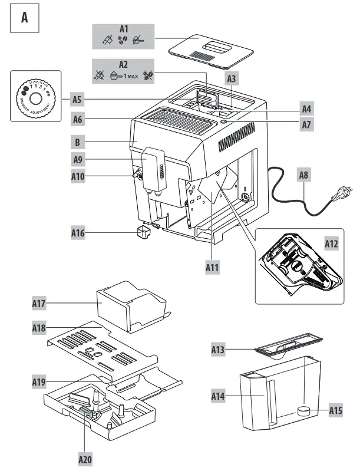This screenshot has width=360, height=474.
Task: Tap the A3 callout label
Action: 232,78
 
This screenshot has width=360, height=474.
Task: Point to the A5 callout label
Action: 78,99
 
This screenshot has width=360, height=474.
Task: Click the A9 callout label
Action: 78,159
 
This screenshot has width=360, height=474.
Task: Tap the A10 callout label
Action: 78,176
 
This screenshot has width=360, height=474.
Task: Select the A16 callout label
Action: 78,233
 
